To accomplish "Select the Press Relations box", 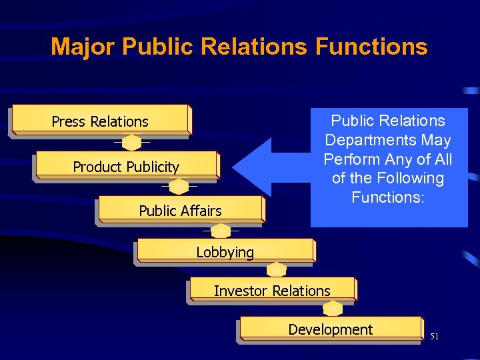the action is point(100,121).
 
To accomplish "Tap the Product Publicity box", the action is point(126,166).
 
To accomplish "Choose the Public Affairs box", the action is point(180,211).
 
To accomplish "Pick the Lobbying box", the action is point(225,251).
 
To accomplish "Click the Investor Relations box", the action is point(272,290).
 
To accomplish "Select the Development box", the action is point(330,329).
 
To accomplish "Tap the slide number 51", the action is point(435,337).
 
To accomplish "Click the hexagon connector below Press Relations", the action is point(132,143).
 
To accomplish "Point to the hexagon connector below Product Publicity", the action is point(179,187).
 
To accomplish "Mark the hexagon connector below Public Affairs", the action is point(221,231).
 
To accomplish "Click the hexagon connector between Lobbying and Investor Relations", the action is point(276,270).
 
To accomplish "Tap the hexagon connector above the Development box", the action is point(333,309).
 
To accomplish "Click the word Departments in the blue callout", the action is point(387,140).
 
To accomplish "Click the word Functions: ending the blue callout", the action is point(387,197).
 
